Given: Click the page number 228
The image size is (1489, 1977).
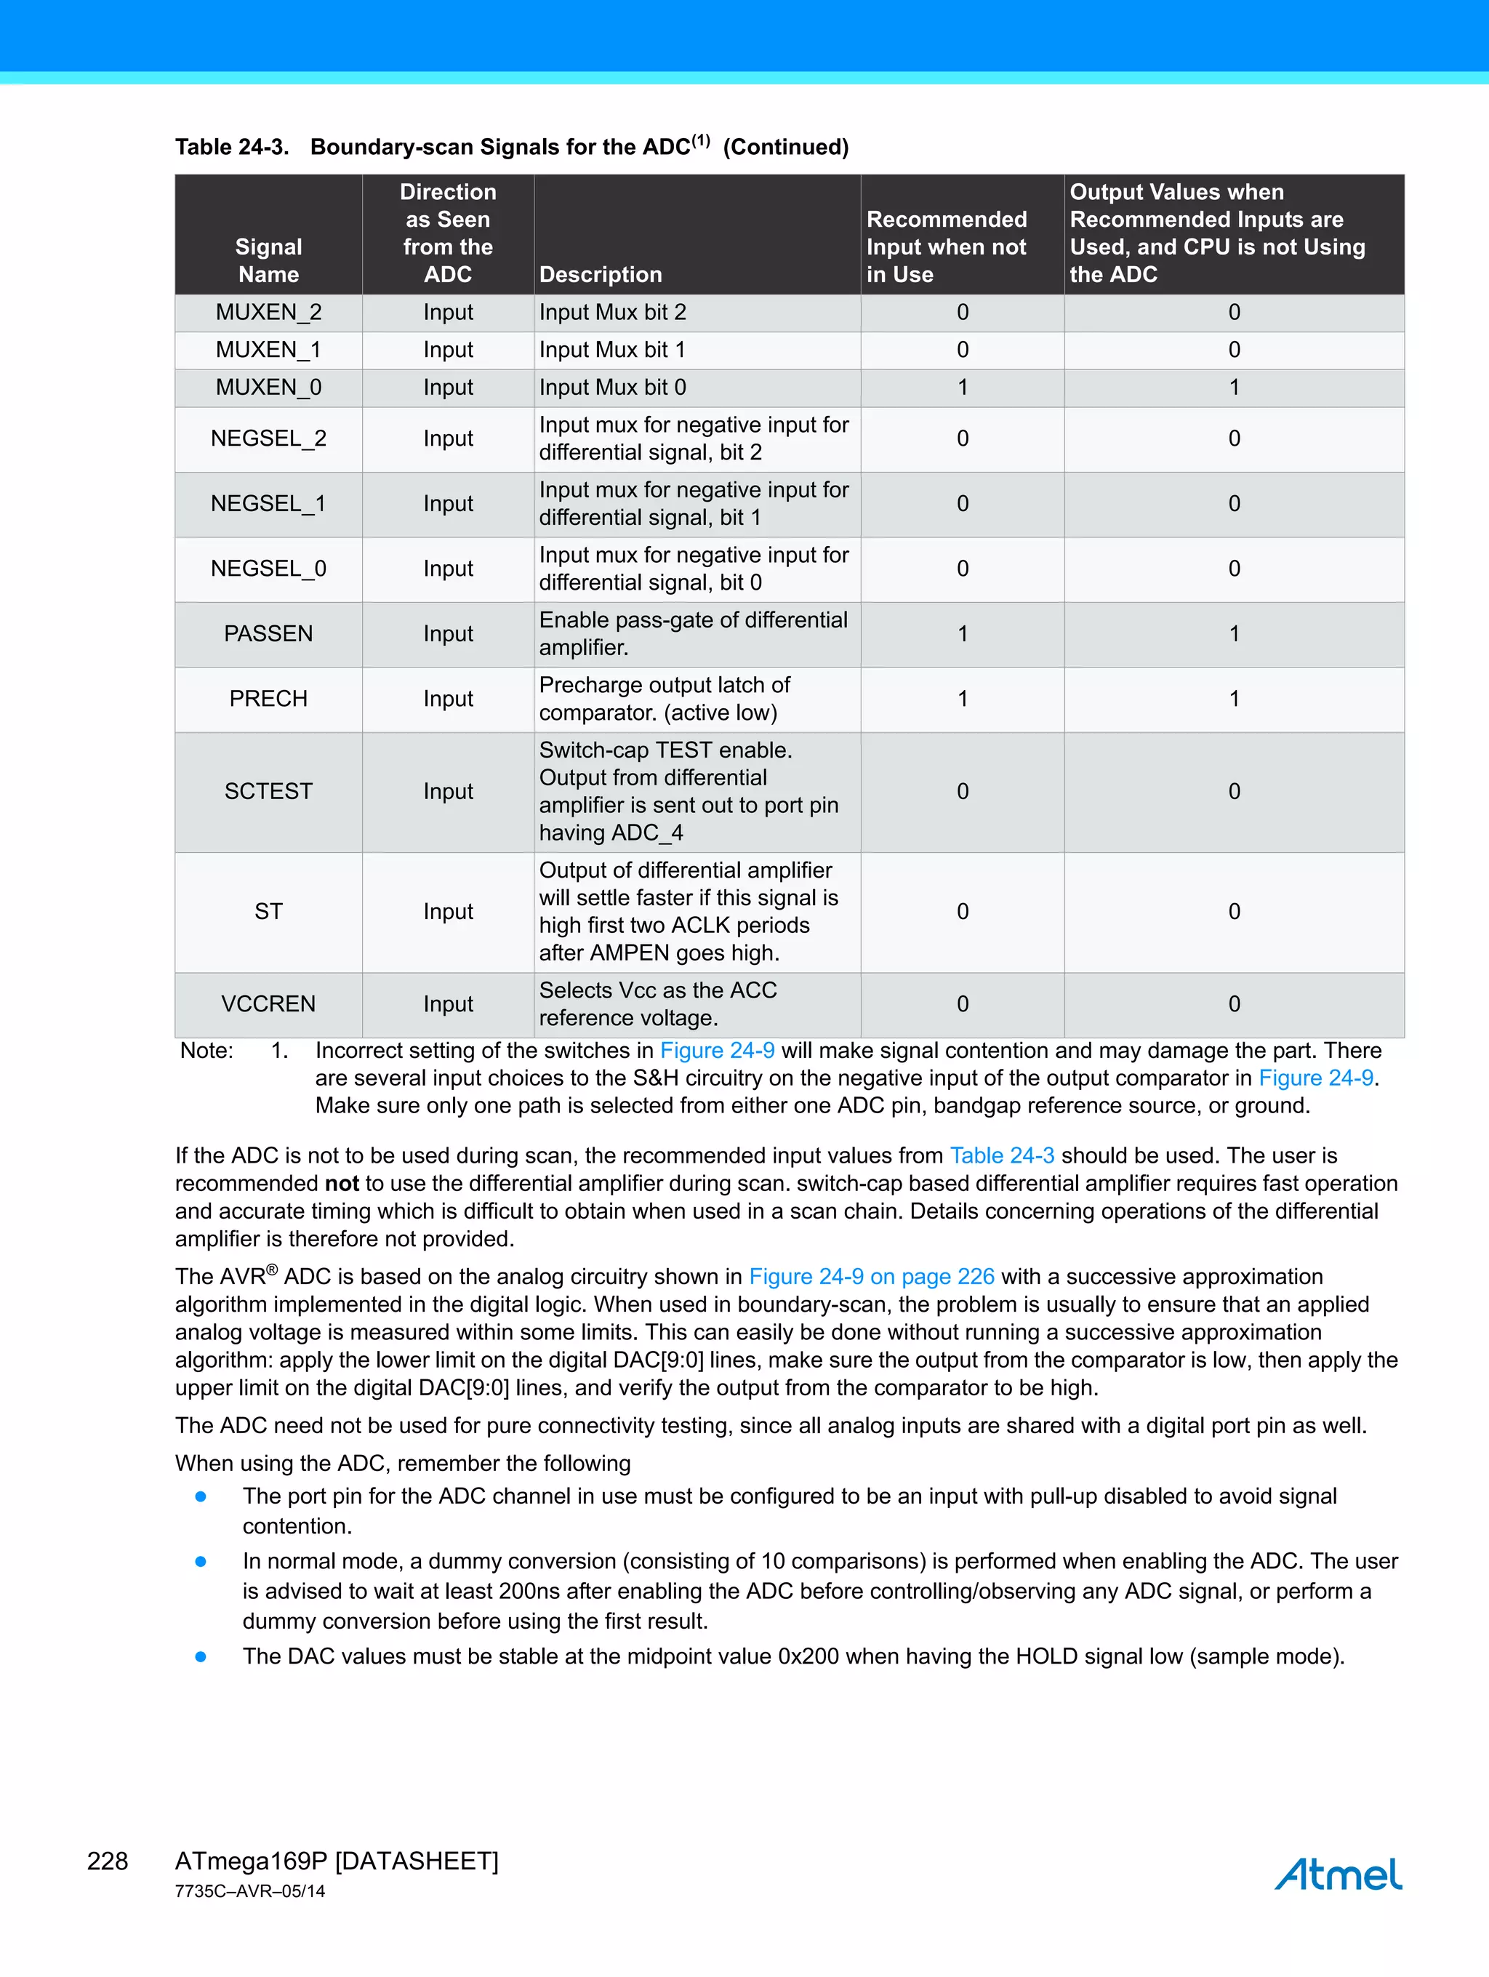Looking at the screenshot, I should (108, 1861).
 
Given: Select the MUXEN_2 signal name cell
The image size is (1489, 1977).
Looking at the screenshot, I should (268, 312).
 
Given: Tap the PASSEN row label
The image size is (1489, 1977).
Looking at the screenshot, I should (268, 634).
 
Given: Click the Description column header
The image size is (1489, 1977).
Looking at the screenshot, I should (601, 274).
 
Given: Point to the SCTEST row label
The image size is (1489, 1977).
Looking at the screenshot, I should (268, 791).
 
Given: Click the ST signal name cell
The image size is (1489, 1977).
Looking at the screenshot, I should (268, 912).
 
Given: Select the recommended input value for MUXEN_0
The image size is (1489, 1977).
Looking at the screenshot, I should (963, 387).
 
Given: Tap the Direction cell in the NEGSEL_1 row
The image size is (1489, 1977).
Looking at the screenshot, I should (448, 504).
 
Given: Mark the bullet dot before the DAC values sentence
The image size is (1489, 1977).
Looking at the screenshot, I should (201, 1656).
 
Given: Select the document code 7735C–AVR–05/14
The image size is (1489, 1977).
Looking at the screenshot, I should (250, 1891).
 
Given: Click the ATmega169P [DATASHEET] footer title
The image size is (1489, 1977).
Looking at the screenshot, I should (336, 1861).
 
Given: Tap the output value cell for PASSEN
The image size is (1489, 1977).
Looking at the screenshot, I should (1233, 634).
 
